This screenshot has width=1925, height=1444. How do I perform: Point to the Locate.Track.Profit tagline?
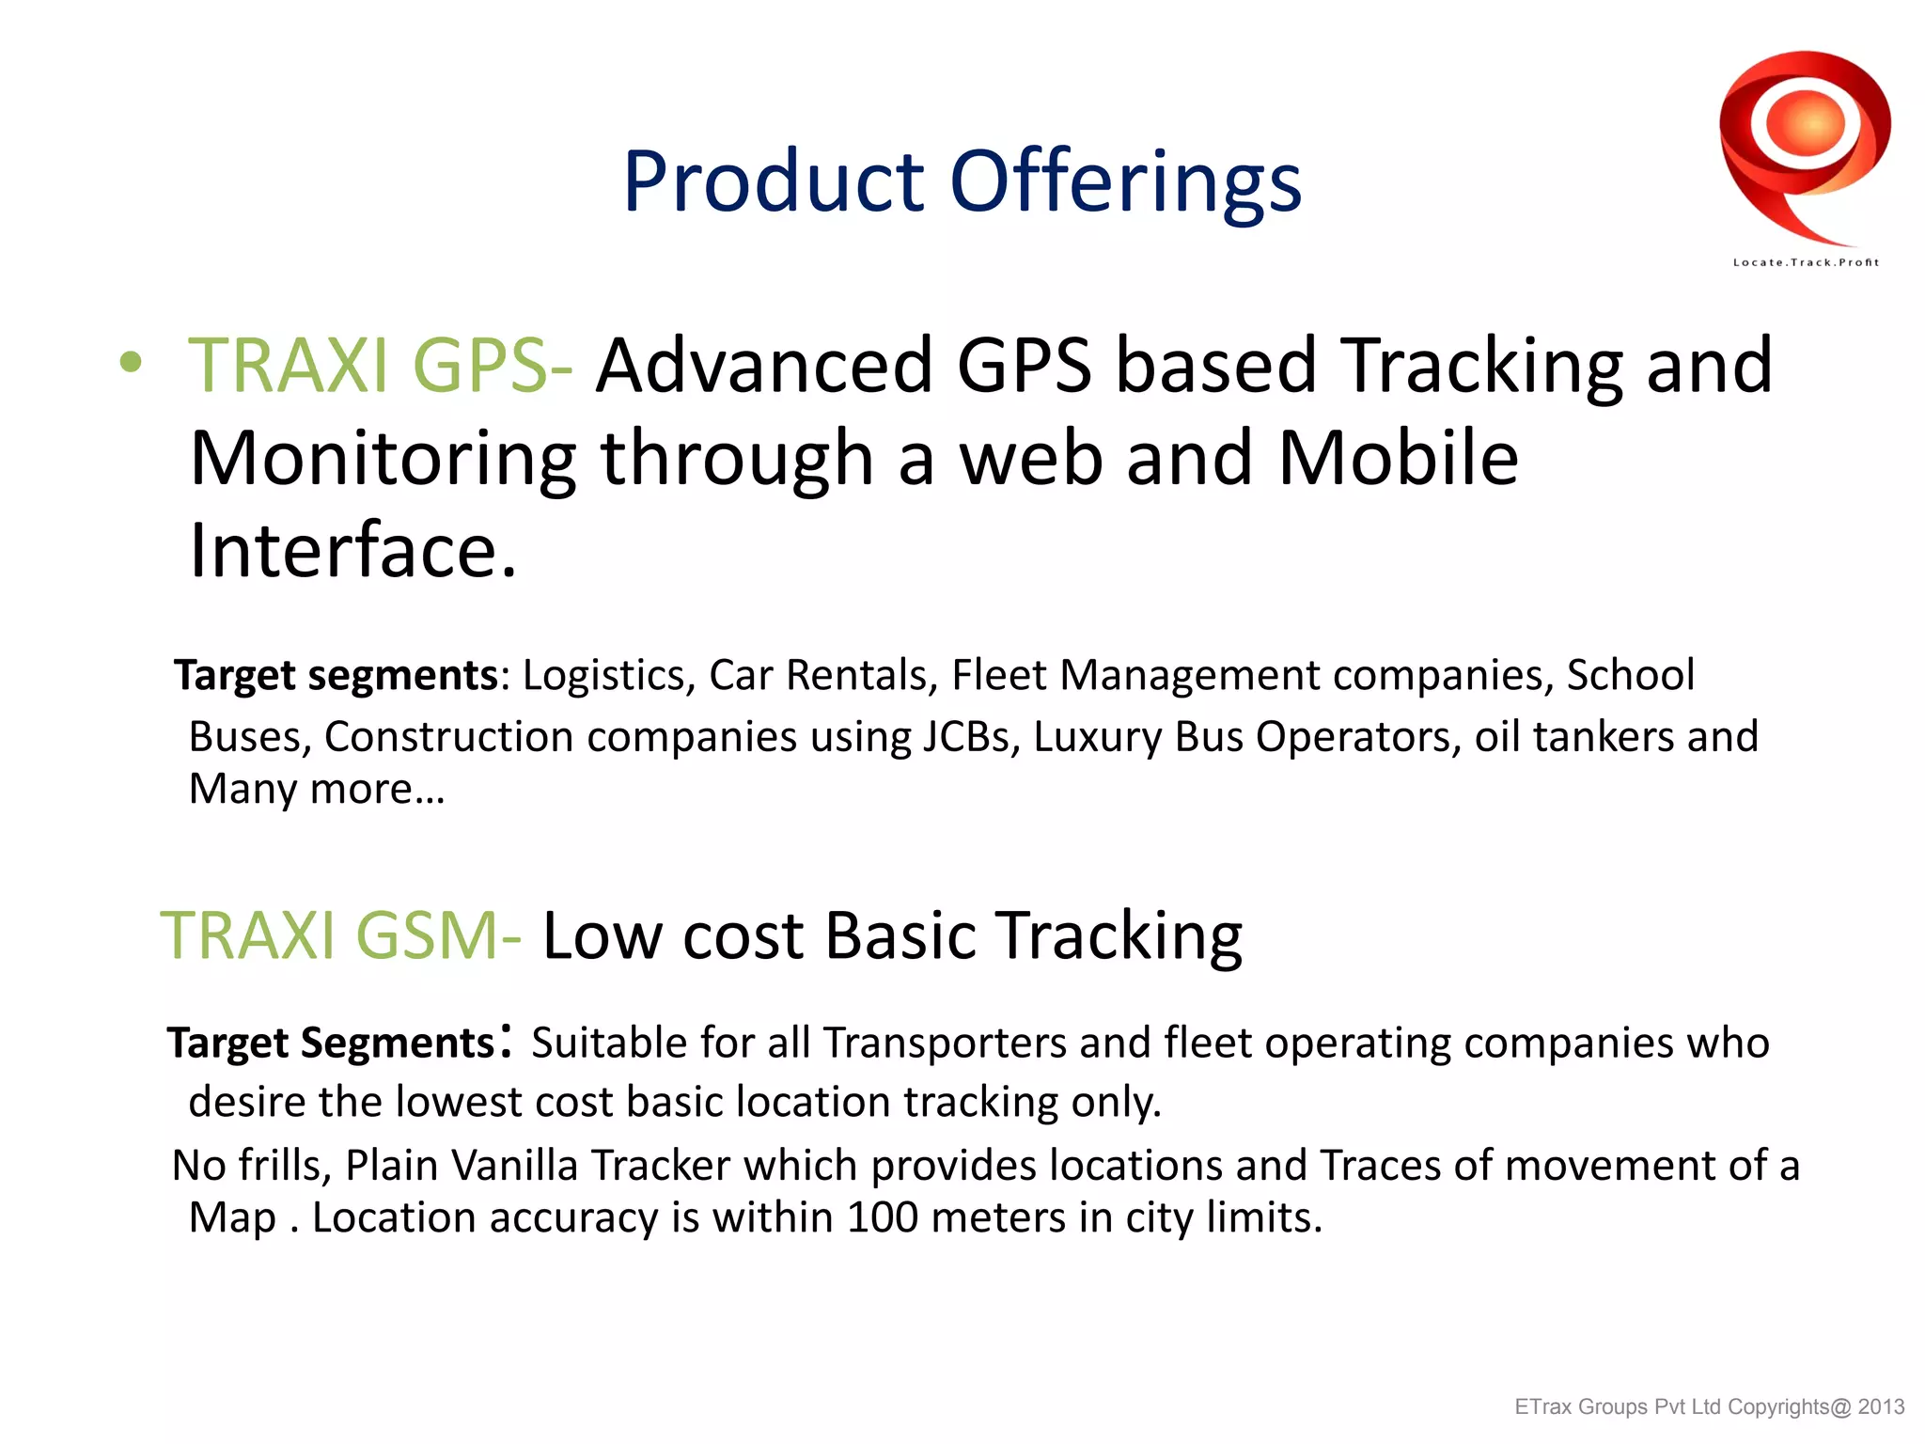pos(1806,262)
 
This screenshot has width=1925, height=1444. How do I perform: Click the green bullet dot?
pos(131,362)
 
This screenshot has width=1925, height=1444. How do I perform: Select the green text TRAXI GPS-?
pos(380,365)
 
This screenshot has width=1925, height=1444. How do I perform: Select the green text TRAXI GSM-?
pos(340,935)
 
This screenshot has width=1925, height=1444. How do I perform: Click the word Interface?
pos(352,550)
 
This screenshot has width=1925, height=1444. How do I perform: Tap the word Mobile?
pos(1398,458)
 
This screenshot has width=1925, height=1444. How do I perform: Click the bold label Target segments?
pos(336,675)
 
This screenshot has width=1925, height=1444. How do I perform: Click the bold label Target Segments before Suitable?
pos(330,1043)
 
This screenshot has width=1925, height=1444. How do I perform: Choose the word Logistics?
pos(608,675)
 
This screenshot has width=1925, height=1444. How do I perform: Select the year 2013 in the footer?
pos(1881,1407)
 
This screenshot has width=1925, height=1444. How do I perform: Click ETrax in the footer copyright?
pos(1541,1407)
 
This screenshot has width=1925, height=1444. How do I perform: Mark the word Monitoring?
pos(383,459)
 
